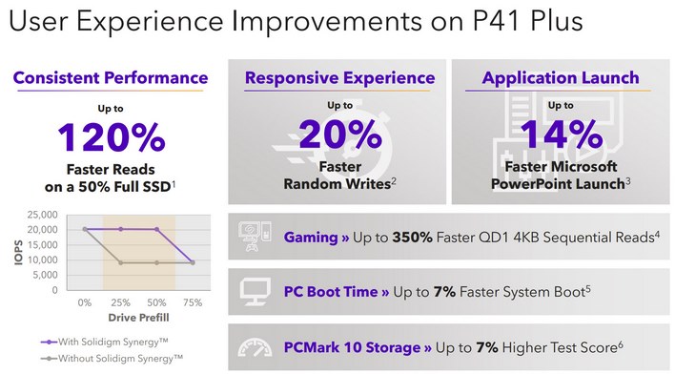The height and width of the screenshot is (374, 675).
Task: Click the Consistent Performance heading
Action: [110, 77]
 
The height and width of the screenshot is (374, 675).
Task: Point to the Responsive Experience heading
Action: [340, 77]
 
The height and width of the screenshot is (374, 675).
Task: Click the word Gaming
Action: [309, 235]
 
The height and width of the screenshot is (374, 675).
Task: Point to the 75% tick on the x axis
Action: [194, 301]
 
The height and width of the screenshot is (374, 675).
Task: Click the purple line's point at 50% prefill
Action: [157, 229]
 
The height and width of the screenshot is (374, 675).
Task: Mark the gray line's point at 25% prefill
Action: [120, 262]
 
